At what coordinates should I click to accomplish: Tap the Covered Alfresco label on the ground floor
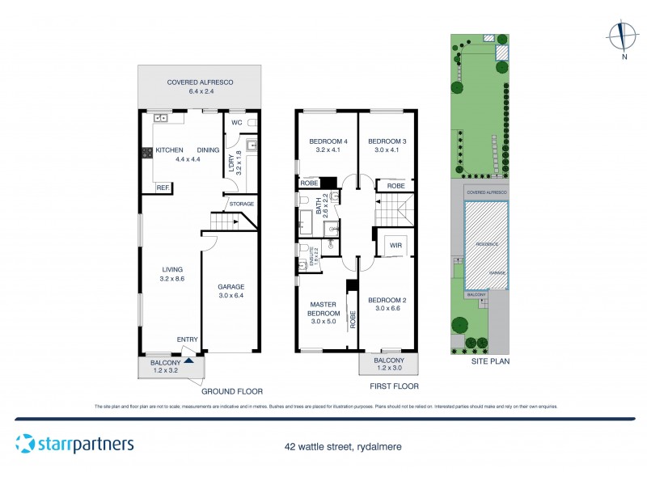click(x=199, y=86)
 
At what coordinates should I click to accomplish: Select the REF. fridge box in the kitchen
click(x=163, y=188)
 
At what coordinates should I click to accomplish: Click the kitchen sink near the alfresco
click(x=160, y=118)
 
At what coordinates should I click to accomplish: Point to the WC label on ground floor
click(x=237, y=123)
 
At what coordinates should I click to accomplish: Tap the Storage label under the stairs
click(x=241, y=204)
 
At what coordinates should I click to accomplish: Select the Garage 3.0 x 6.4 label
click(x=230, y=291)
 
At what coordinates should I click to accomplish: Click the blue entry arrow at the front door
click(x=189, y=360)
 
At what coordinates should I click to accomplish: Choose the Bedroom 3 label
click(x=387, y=145)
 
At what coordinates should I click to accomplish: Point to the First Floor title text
click(x=394, y=386)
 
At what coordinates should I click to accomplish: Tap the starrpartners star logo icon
click(x=25, y=444)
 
